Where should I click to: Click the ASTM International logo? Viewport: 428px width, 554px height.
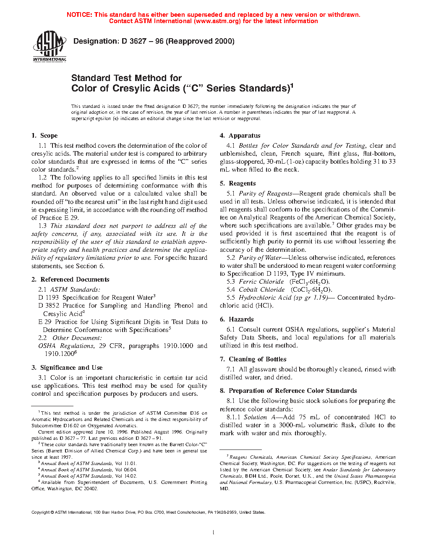click(50, 46)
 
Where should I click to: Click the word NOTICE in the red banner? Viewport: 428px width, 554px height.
click(79, 15)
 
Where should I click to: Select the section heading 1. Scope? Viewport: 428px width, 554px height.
click(44, 136)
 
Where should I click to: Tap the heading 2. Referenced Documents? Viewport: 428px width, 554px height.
click(70, 280)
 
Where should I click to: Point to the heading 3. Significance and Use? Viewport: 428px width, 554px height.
click(67, 368)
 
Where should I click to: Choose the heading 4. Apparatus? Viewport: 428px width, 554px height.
click(240, 136)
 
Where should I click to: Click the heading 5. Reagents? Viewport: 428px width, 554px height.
click(237, 183)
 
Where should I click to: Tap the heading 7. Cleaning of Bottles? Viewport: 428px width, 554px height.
click(253, 359)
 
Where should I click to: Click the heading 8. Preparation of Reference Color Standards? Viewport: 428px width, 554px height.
click(288, 391)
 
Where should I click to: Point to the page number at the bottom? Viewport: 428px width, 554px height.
click(214, 533)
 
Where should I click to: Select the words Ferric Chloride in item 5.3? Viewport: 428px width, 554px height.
click(261, 282)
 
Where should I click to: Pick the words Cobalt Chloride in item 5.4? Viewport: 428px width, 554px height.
click(262, 290)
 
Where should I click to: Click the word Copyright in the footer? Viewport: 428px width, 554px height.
click(41, 512)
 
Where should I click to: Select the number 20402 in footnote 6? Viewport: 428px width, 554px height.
click(91, 489)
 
